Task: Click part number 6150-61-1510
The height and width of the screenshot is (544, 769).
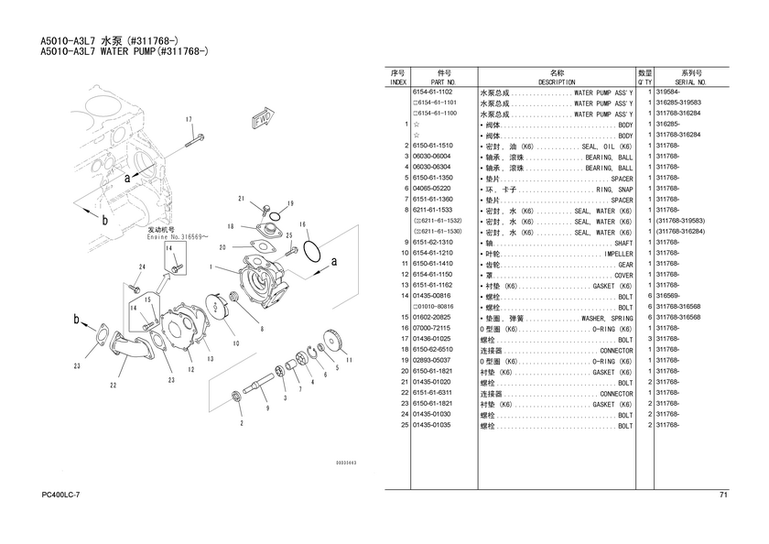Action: (432, 147)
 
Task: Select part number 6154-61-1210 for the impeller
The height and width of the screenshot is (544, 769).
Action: (432, 253)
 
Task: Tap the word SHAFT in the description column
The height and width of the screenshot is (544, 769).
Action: (623, 243)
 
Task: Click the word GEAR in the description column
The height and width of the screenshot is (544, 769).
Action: (625, 264)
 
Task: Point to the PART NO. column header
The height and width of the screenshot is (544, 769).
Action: (445, 82)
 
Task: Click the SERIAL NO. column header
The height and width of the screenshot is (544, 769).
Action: (691, 82)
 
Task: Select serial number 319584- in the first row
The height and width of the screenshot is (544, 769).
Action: (668, 93)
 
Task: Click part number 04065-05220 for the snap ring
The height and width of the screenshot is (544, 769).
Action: (432, 190)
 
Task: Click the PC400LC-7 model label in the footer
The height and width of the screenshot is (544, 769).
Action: (61, 495)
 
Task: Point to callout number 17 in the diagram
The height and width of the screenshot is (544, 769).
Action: (189, 120)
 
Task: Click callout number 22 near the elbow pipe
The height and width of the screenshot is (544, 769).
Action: (114, 386)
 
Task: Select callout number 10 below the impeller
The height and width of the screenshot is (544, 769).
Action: (235, 343)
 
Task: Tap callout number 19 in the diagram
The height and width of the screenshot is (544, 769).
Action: (290, 203)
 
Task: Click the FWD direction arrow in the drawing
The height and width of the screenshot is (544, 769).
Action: (262, 119)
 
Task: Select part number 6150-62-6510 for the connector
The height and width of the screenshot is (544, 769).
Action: (432, 350)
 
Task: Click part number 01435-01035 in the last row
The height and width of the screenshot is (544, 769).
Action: (432, 426)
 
